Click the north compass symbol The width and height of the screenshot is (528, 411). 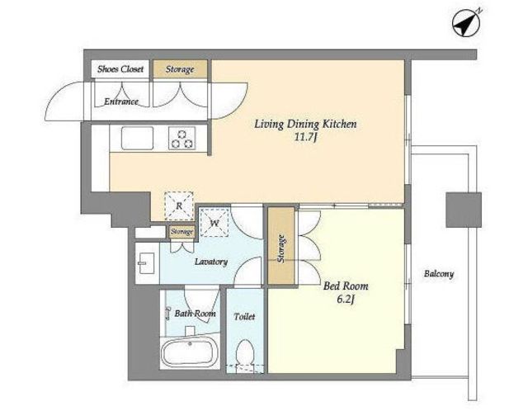tap(465, 23)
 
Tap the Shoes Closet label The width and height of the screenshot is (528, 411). tap(120, 69)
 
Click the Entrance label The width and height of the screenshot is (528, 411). tap(121, 102)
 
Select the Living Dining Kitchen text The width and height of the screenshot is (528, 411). tap(305, 125)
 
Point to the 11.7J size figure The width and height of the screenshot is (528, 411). tap(306, 138)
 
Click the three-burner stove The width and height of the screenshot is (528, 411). tap(181, 139)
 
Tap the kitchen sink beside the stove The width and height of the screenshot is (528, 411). tap(137, 138)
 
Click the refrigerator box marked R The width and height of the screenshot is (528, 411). tap(179, 205)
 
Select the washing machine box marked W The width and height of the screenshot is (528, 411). tap(214, 223)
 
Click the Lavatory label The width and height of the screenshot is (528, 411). tap(211, 262)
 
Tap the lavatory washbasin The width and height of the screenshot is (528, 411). tap(147, 263)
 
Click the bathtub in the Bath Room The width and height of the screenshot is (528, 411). tap(189, 353)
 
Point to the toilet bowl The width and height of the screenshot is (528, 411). tap(245, 352)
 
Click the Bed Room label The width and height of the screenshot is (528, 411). tap(346, 286)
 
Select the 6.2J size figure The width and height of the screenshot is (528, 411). tap(346, 299)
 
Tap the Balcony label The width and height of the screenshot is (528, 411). tap(438, 274)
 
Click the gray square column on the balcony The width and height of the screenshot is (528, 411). tap(464, 210)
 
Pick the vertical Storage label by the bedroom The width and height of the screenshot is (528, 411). tap(281, 248)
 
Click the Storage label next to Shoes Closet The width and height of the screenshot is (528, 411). tap(180, 69)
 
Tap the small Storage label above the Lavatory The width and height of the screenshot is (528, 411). tap(181, 232)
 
